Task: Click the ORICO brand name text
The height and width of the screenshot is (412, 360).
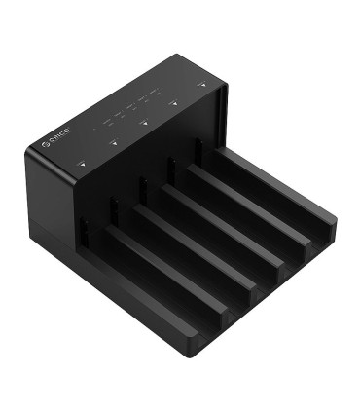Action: pos(60,135)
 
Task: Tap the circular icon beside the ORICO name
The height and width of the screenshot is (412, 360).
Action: pos(46,144)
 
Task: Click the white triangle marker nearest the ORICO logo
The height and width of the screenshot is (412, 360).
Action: pos(84,165)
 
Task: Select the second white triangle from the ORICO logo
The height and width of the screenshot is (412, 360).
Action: pos(114,143)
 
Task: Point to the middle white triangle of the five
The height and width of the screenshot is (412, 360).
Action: pos(144,123)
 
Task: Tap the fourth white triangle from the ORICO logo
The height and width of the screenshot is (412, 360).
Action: pos(174,104)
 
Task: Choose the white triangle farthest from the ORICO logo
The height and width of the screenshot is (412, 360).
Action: pos(202,86)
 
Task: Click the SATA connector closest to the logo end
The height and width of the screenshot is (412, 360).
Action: pos(84,234)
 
